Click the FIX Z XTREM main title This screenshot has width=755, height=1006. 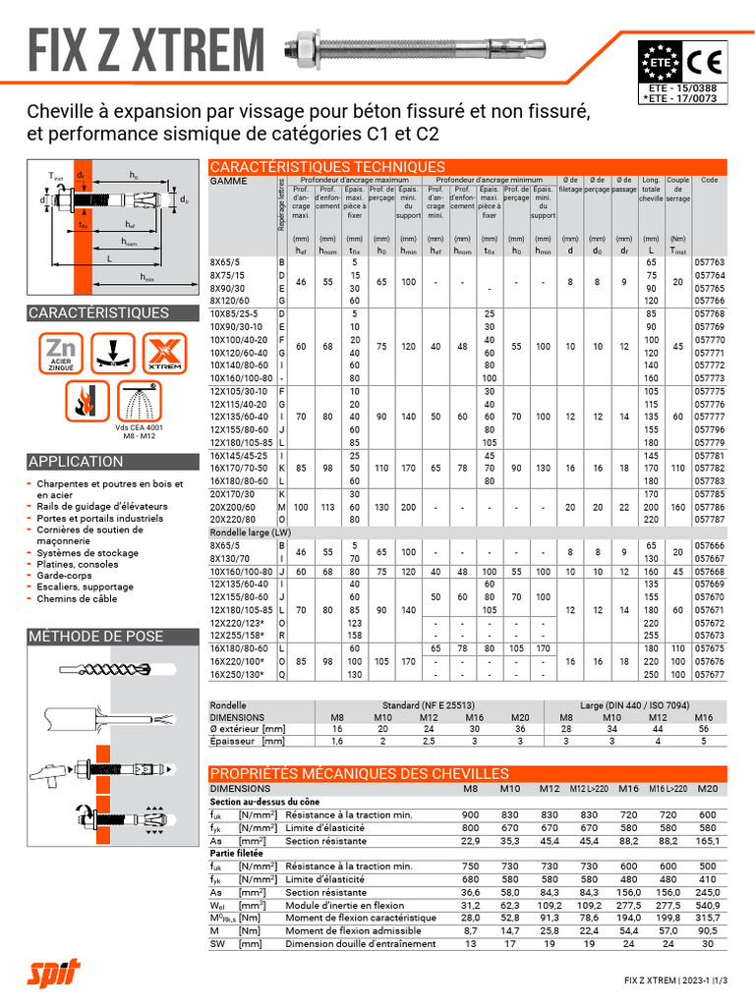pos(145,49)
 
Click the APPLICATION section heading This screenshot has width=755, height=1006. pos(77,462)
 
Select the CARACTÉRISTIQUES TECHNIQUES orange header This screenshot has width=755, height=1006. pos(328,167)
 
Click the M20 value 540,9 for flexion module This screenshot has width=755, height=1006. pos(707,906)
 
